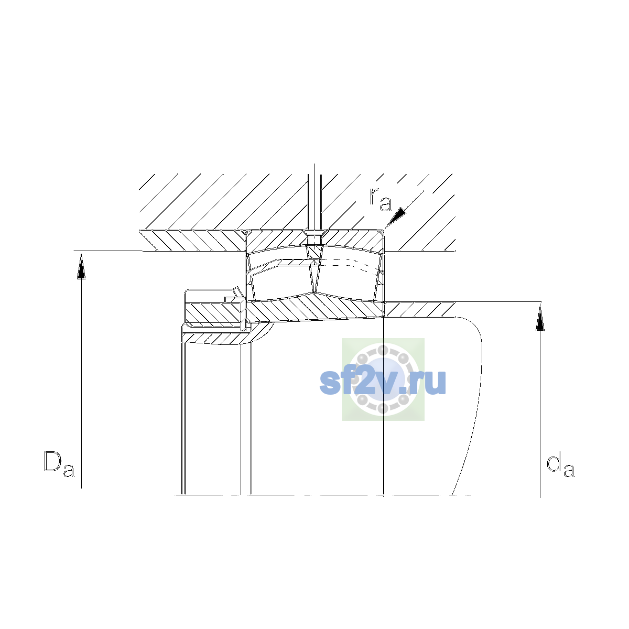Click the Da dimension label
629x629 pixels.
(59, 464)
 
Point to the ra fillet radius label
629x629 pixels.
(380, 199)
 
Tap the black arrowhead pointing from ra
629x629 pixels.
(396, 216)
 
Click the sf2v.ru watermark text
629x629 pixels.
(383, 382)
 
